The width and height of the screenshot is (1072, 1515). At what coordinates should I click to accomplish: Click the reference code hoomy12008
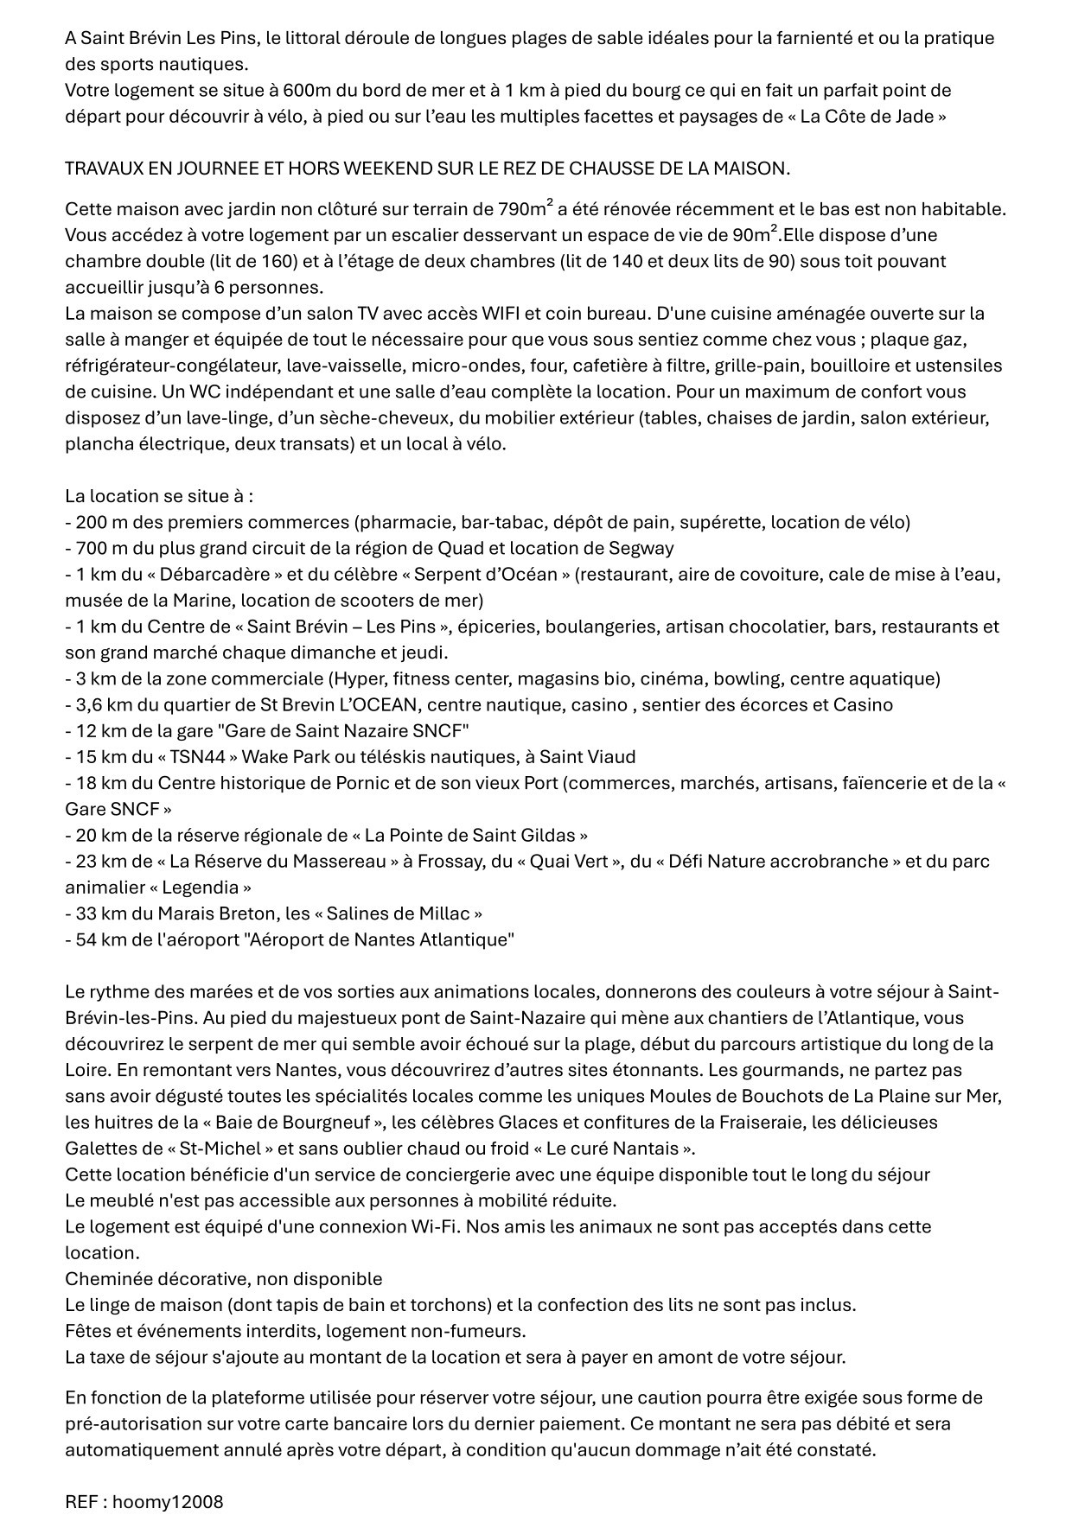coord(168,1502)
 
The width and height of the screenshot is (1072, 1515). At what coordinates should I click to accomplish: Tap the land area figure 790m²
coord(526,209)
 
